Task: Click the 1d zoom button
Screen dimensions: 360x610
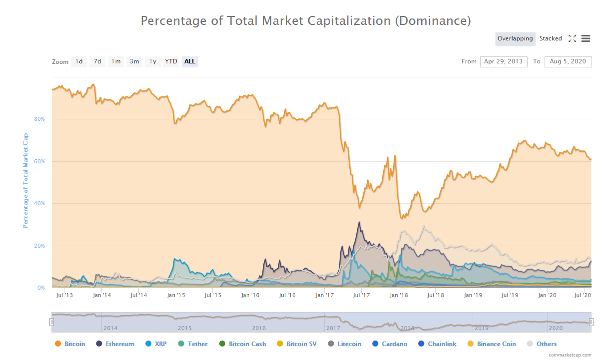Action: [79, 61]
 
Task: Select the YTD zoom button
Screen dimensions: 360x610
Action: [171, 61]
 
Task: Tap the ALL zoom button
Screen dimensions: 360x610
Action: [190, 61]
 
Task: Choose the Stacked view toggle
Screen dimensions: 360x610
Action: [551, 38]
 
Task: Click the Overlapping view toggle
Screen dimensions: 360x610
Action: [516, 38]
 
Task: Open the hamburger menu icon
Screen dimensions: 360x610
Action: [586, 38]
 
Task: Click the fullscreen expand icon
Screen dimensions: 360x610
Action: [573, 38]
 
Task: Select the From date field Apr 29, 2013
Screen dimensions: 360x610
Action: [504, 61]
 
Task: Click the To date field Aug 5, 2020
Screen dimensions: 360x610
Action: [568, 61]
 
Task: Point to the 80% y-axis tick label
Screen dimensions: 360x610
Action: [39, 119]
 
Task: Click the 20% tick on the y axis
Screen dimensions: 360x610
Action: [39, 246]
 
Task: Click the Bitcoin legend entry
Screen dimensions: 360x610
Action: [74, 344]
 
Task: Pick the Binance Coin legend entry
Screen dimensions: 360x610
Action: [496, 344]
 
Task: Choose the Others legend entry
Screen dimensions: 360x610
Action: [546, 344]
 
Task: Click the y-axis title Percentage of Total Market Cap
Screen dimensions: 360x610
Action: [26, 181]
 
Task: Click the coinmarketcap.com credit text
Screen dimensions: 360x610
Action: [570, 355]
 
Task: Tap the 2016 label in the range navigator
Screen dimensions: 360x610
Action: [259, 328]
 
